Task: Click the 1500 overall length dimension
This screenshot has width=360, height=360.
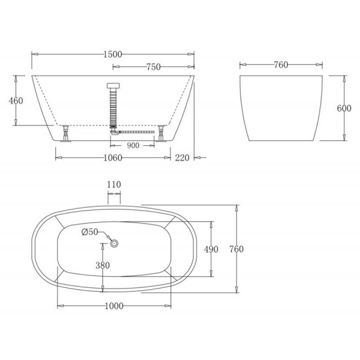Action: point(113,55)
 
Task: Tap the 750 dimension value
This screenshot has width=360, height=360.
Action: point(154,67)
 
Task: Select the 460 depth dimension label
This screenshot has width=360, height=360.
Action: point(16,101)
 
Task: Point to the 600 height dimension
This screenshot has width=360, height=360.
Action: point(344,108)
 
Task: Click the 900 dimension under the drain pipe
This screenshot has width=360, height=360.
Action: point(133,145)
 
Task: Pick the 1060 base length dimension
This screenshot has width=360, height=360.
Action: point(113,158)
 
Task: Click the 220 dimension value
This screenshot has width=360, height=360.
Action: point(182,158)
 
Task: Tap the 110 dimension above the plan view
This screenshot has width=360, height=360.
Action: point(114,184)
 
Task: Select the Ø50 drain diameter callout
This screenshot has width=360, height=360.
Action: point(90,232)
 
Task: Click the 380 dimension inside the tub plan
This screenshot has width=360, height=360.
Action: point(103,265)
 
